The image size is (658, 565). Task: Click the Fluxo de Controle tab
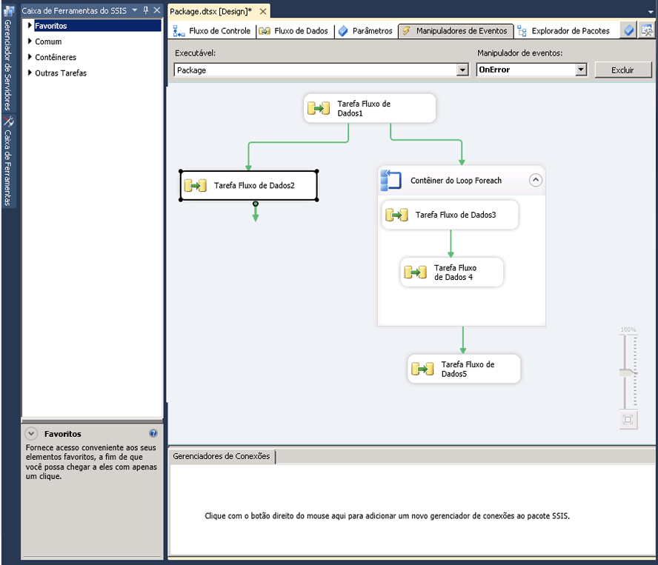[212, 31]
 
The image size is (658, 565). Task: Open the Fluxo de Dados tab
[293, 31]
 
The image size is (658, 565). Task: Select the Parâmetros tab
[365, 31]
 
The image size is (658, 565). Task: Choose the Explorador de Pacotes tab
[564, 31]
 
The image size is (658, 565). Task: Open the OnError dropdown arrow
[581, 70]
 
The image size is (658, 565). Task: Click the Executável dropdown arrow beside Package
[462, 70]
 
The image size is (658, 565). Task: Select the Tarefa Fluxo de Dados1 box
[370, 108]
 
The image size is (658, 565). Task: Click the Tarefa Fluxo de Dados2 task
[249, 185]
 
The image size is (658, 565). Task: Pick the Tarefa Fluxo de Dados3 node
[450, 215]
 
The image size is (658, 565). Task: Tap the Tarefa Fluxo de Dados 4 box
[451, 273]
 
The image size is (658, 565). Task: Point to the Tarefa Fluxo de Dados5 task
[464, 369]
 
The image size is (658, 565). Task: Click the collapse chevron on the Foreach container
[536, 181]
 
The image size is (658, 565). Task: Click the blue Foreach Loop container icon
[391, 180]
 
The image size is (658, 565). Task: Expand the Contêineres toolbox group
[56, 57]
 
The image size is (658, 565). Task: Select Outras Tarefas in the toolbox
[61, 73]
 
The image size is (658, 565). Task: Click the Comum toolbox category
[48, 41]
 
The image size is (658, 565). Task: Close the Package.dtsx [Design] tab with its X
[263, 11]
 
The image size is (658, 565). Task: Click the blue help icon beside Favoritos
[153, 433]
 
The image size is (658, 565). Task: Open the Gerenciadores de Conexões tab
[221, 456]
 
